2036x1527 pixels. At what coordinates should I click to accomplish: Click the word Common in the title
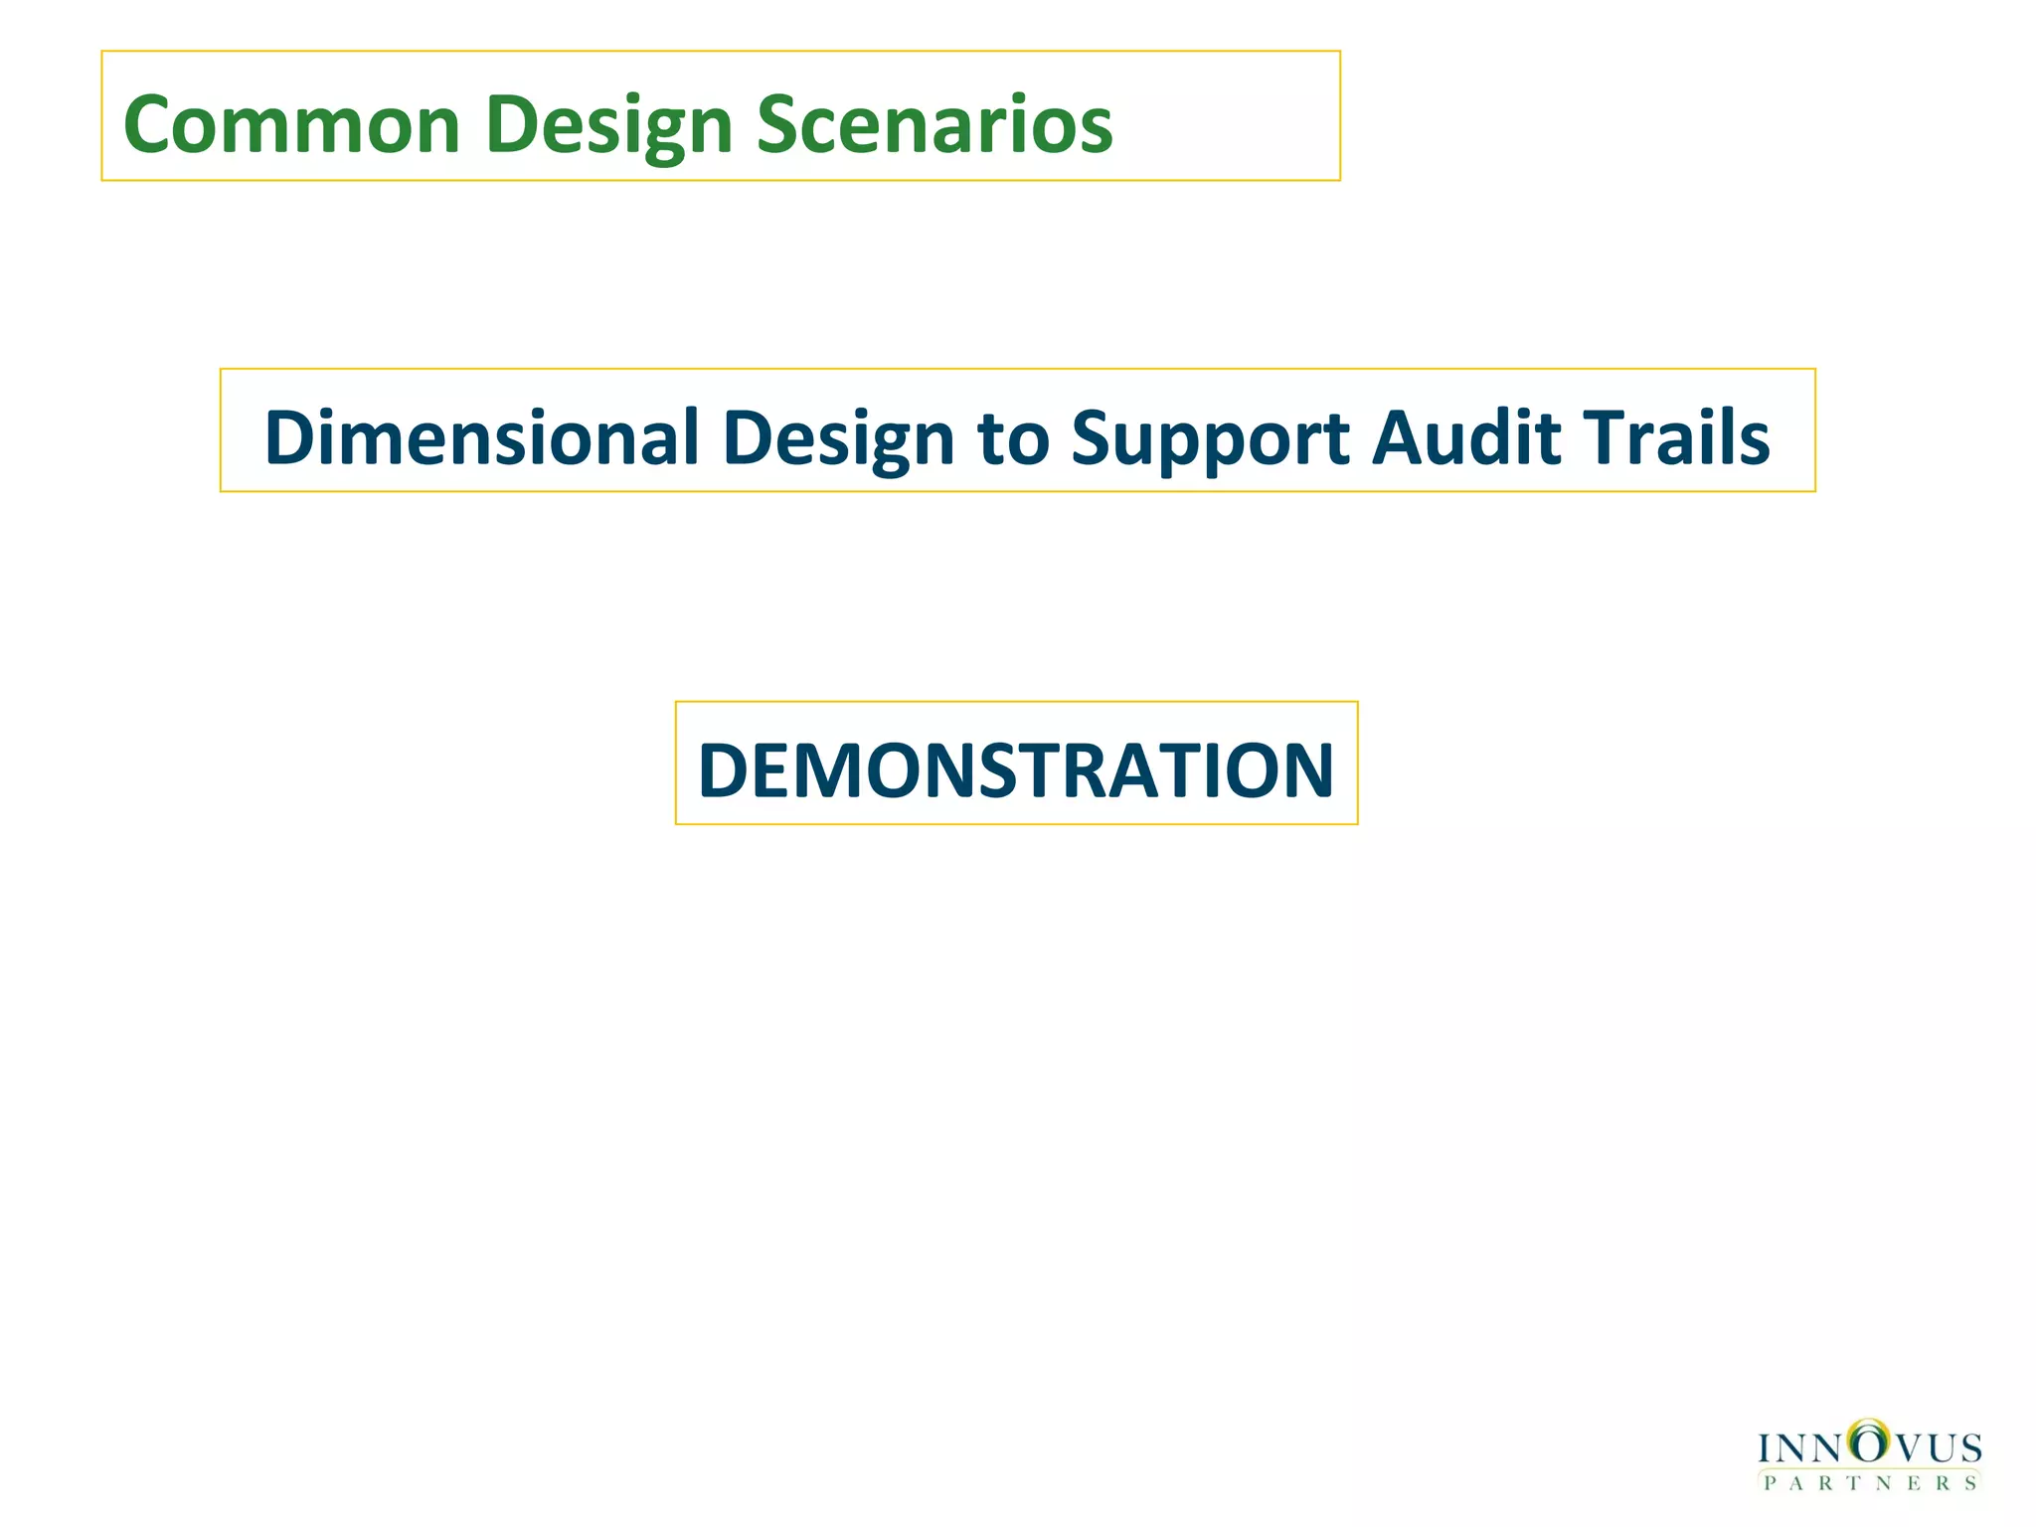tap(291, 125)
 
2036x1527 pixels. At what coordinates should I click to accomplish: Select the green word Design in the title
tap(609, 125)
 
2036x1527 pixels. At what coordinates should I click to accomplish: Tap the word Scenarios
tap(934, 125)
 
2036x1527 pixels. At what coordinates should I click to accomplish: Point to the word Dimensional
tap(481, 437)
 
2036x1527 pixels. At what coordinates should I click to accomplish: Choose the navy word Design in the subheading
tap(838, 437)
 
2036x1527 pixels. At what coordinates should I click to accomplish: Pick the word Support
tap(1210, 437)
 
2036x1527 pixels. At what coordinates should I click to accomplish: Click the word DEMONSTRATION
tap(1016, 770)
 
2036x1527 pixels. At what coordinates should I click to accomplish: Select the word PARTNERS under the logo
tap(1870, 1484)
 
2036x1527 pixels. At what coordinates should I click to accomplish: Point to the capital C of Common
tap(149, 125)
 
